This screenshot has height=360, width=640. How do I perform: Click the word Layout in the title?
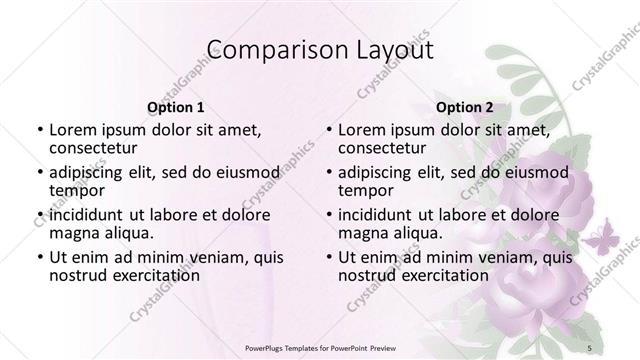[x=394, y=51]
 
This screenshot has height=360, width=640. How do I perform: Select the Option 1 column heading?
[x=175, y=107]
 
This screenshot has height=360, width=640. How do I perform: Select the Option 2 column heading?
[x=465, y=107]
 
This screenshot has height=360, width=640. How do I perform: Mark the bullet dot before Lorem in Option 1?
[x=39, y=130]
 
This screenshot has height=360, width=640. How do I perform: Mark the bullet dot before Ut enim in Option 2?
[x=329, y=258]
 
